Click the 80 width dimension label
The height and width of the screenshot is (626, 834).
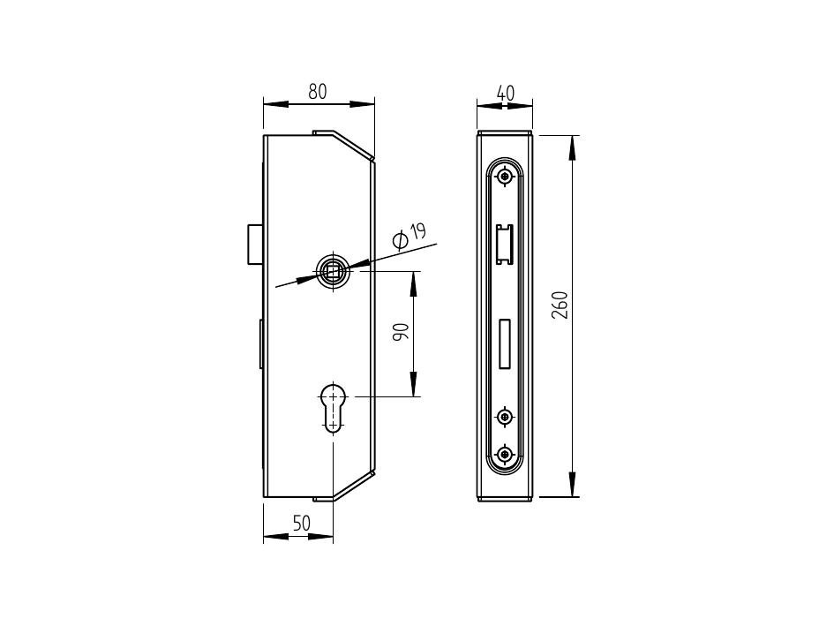[318, 92]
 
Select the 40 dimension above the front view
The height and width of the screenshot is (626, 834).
[506, 94]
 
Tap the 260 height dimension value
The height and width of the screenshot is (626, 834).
[560, 305]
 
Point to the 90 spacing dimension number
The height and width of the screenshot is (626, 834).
[401, 332]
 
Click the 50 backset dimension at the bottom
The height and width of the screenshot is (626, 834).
[301, 524]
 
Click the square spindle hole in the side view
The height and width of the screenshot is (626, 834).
[333, 272]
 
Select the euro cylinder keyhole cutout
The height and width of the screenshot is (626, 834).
[334, 407]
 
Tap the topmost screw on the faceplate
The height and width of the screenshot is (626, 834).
[503, 175]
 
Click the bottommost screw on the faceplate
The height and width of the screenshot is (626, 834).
[504, 454]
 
